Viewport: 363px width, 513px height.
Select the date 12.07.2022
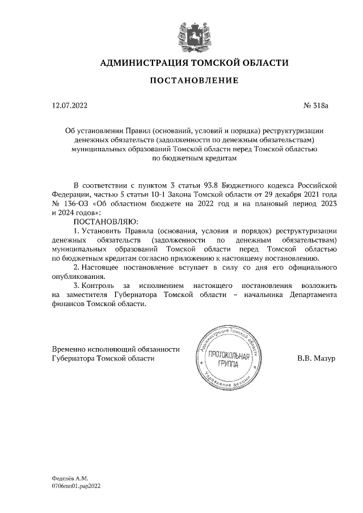pyautogui.click(x=69, y=105)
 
